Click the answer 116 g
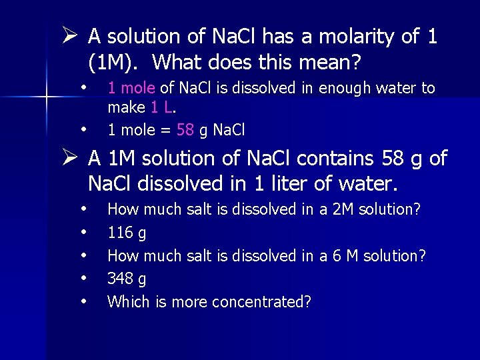pos(127,233)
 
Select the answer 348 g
pos(127,279)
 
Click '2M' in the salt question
pos(343,210)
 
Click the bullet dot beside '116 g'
pos(84,233)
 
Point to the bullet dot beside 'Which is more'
pos(84,301)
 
